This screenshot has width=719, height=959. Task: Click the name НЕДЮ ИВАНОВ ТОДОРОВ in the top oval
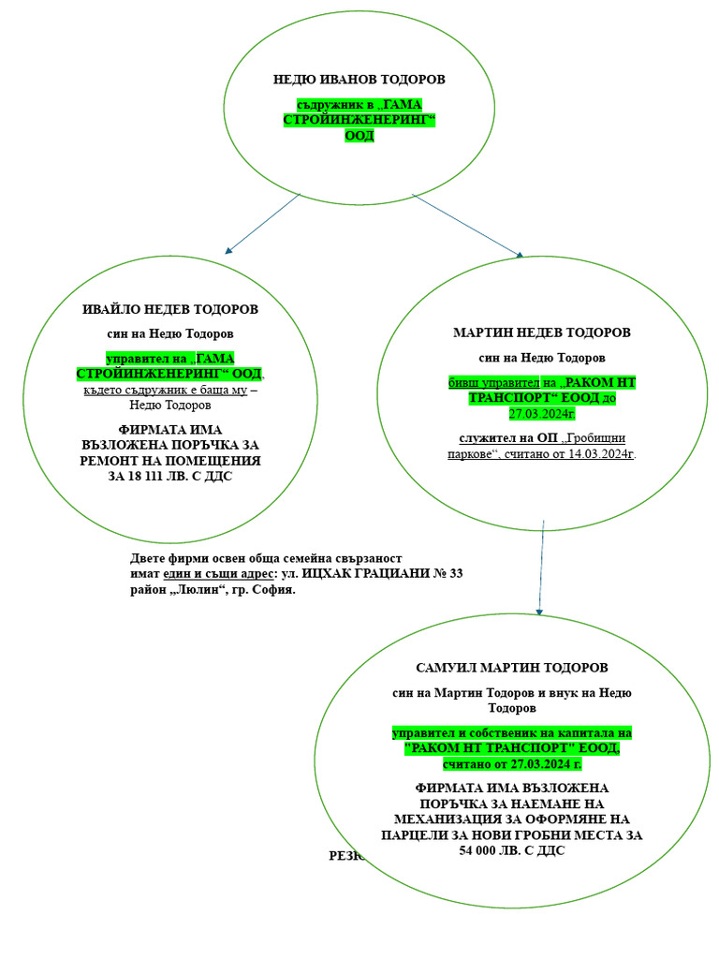click(359, 80)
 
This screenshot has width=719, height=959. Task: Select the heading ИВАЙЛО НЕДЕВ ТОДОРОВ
click(170, 309)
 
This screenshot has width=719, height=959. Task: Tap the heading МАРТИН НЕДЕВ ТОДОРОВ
click(541, 332)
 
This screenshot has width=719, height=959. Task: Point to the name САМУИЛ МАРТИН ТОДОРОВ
click(511, 668)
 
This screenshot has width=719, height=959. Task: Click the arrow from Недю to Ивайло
click(262, 224)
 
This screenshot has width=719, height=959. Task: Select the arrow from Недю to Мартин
click(468, 225)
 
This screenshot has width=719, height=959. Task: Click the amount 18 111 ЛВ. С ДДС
click(170, 476)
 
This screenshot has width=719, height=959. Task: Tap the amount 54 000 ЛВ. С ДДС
click(511, 850)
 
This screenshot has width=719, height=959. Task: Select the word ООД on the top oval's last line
click(359, 136)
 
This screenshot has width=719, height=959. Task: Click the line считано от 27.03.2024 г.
click(511, 764)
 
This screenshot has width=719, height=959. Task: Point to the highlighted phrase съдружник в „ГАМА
click(359, 105)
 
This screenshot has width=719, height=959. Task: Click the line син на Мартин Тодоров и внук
click(511, 693)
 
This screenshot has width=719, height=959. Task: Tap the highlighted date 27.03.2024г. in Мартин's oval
click(541, 413)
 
